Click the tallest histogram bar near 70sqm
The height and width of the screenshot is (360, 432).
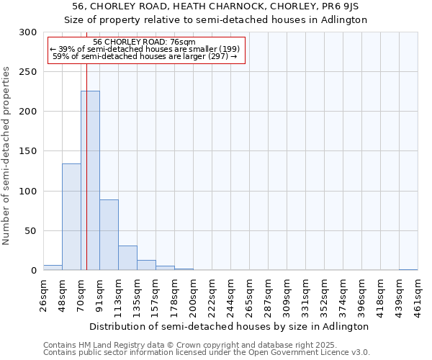pyautogui.click(x=90, y=181)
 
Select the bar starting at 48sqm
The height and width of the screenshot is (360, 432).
pyautogui.click(x=71, y=217)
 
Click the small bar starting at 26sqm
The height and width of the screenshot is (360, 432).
pyautogui.click(x=53, y=268)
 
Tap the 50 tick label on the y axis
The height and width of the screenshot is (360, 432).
pyautogui.click(x=31, y=231)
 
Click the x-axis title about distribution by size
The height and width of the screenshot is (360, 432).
pyautogui.click(x=230, y=326)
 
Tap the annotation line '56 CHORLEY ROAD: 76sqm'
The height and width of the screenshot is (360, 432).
pyautogui.click(x=145, y=42)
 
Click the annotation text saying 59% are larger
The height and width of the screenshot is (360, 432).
pyautogui.click(x=145, y=56)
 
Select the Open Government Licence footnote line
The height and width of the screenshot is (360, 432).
pyautogui.click(x=207, y=353)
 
